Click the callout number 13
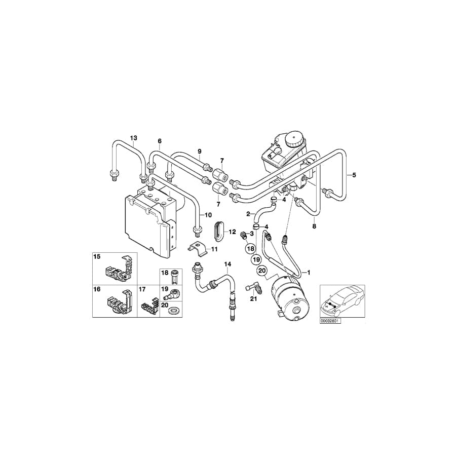point(134,138)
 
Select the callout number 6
point(159,141)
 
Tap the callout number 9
point(200,151)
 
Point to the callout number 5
point(354,175)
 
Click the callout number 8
point(314,226)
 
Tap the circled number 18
point(250,248)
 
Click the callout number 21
point(254,299)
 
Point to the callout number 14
point(227,264)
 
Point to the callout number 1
point(309,272)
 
